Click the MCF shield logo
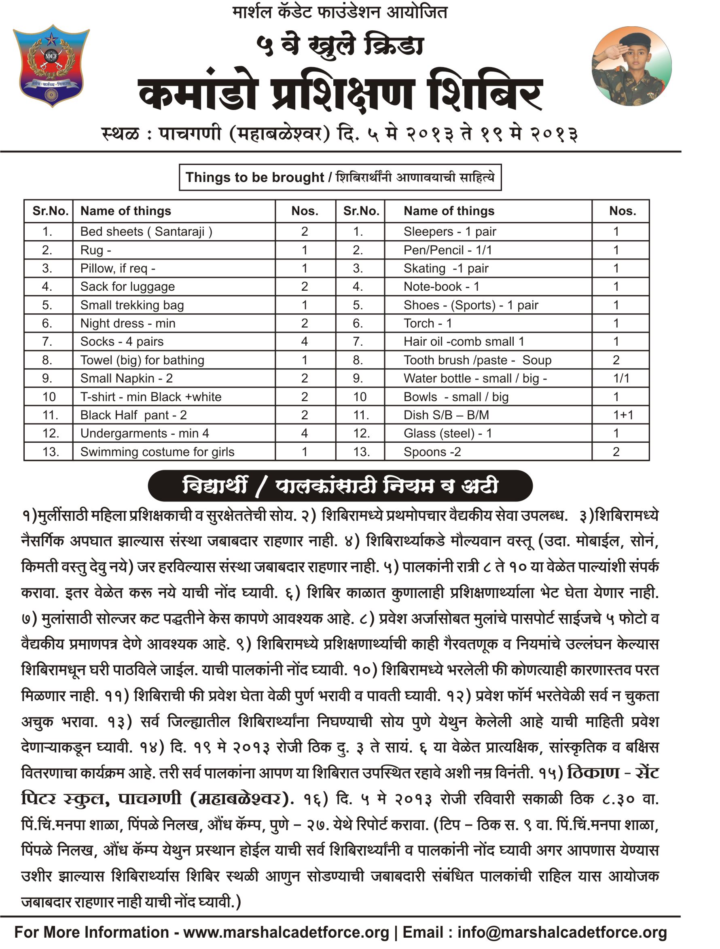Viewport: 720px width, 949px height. point(51,65)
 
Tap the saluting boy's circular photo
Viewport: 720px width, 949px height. point(631,66)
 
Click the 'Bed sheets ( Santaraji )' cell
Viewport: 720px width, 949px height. point(146,232)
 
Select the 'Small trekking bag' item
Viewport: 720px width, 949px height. point(132,305)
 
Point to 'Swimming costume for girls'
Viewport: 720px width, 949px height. point(157,452)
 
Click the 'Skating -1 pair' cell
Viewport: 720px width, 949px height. point(446,268)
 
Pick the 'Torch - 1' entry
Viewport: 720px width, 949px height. point(428,323)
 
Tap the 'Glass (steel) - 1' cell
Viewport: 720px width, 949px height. point(447,433)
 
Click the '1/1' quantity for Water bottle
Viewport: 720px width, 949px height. point(621,378)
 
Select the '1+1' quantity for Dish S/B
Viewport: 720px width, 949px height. point(623,415)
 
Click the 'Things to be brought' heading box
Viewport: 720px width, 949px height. point(340,177)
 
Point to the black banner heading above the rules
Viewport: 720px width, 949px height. point(340,486)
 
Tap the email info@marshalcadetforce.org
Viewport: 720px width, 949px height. point(562,932)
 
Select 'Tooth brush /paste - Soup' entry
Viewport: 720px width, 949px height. point(477,360)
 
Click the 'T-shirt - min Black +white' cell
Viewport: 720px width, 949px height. point(150,397)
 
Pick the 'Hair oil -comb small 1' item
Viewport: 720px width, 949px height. point(464,342)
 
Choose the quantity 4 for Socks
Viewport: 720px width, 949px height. point(304,342)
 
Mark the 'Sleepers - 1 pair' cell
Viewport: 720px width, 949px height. point(449,232)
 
